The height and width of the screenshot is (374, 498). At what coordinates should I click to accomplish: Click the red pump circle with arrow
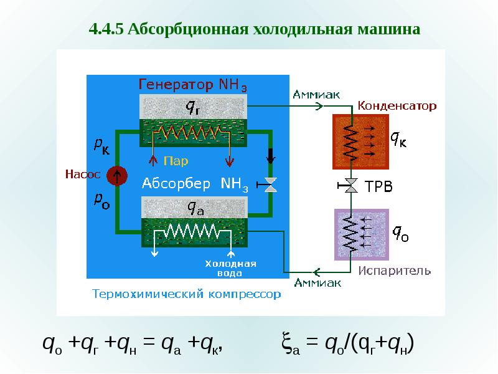(x=117, y=176)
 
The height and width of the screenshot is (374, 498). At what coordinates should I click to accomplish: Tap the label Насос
(x=83, y=175)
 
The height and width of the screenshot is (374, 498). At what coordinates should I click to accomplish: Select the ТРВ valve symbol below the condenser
(x=348, y=185)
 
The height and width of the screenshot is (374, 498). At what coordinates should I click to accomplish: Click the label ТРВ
(x=378, y=186)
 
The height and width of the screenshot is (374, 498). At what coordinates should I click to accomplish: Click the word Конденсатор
(x=397, y=106)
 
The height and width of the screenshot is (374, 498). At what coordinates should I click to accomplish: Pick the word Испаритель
(x=395, y=271)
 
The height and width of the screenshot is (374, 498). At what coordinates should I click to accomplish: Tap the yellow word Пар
(x=176, y=161)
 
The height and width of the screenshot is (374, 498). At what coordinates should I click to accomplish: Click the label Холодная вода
(x=230, y=268)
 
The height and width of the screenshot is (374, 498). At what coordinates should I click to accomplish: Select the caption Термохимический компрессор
(x=186, y=294)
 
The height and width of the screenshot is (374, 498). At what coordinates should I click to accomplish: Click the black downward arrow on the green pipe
(x=270, y=156)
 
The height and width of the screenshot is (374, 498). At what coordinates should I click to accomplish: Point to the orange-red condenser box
(x=360, y=142)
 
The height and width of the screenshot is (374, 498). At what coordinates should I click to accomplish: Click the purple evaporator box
(x=362, y=235)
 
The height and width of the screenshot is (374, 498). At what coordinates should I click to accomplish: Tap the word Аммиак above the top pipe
(x=316, y=95)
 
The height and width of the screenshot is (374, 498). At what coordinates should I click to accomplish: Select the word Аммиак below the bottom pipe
(x=317, y=283)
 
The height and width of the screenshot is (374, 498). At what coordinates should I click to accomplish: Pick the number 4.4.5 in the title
(x=106, y=29)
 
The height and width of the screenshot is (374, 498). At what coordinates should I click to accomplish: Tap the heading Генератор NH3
(x=192, y=85)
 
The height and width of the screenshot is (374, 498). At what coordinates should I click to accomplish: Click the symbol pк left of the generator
(x=101, y=146)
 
